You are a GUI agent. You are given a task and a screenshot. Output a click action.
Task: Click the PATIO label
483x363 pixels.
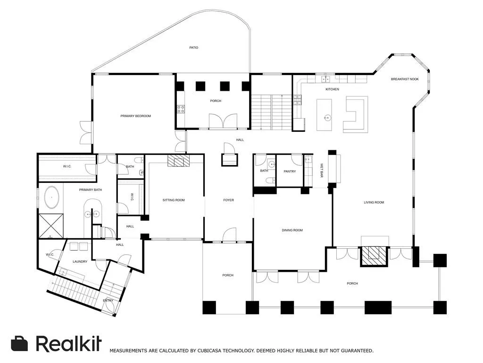194,48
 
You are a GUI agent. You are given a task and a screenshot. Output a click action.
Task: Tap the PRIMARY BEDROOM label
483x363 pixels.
135,116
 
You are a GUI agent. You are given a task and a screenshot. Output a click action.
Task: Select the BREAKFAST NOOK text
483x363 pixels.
405,79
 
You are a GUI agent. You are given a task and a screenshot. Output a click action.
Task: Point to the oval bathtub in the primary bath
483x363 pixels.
52,197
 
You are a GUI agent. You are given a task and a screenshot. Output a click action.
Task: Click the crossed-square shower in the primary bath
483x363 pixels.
51,226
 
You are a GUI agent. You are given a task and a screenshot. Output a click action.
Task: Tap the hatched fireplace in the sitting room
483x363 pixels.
178,161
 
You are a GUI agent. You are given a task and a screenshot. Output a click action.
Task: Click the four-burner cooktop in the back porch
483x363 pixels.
181,109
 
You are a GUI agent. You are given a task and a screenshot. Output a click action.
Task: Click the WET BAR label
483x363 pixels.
322,170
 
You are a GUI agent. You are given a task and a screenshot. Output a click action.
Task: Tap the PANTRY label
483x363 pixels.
290,171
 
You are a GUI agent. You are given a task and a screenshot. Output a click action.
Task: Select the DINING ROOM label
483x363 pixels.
292,230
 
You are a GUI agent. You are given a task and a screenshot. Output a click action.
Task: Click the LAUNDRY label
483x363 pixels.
80,261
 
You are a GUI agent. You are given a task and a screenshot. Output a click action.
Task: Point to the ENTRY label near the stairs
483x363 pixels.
108,300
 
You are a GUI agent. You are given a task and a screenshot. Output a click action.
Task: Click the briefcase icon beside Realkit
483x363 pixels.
19,343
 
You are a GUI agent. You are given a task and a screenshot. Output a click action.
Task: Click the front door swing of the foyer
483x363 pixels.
230,234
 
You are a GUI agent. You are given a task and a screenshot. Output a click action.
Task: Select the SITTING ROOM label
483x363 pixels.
174,200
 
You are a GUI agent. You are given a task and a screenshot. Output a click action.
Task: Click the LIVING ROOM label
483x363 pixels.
374,202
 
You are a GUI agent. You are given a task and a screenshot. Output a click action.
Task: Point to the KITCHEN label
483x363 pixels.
332,89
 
